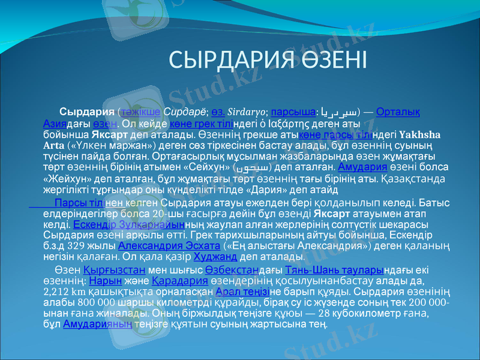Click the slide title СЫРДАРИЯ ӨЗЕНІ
(268, 60)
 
